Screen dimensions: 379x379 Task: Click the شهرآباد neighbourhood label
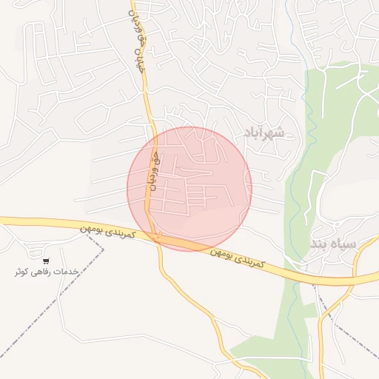264,133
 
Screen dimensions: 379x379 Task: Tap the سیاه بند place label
332,244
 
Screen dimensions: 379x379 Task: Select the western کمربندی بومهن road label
108,233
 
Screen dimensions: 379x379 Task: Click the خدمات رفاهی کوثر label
47,272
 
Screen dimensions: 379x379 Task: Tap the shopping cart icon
46,261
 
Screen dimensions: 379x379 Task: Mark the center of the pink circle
189,189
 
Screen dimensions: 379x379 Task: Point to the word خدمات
67,271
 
